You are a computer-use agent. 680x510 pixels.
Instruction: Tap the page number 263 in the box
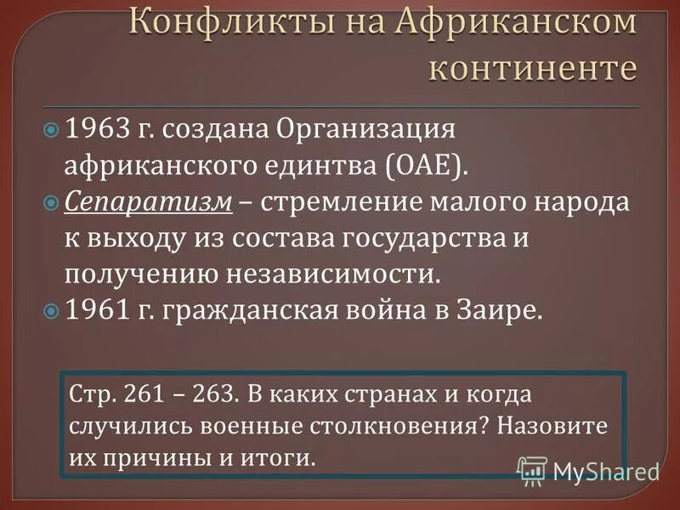coord(218,395)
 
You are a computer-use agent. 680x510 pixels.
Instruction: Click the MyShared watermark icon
coord(532,469)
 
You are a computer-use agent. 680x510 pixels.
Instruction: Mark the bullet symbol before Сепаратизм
coord(51,204)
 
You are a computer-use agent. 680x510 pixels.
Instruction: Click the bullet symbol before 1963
coord(51,131)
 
